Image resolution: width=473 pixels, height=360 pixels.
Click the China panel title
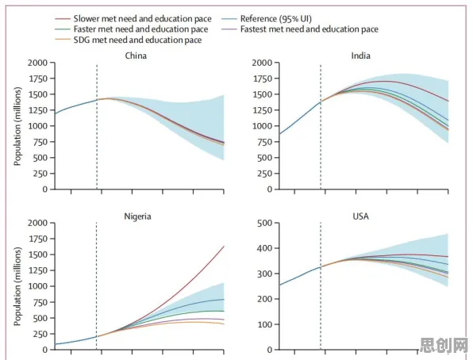coord(136,56)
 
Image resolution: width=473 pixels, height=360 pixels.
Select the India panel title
coord(361,56)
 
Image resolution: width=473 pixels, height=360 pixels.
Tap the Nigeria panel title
coord(137,216)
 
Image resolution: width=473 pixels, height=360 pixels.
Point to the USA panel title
coord(361,216)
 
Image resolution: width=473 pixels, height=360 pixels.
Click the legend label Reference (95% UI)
coord(275,19)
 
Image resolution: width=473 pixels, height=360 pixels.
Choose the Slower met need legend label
coord(142,19)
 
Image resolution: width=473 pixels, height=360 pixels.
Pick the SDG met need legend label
coord(137,40)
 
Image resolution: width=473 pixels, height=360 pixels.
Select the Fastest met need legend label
coord(310,29)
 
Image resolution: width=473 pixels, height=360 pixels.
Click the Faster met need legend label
coord(141,29)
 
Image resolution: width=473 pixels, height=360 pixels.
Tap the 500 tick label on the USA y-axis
coord(264,223)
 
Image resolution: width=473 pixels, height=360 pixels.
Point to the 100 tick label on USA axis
coord(264,325)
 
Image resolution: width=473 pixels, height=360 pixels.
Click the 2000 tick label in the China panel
coord(38,63)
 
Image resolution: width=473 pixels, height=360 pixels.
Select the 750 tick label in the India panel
coord(264,142)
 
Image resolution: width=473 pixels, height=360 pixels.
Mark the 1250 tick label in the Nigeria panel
coord(38,270)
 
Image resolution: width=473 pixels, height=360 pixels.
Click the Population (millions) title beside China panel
coord(17,126)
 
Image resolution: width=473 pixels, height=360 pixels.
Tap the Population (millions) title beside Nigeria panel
coord(17,286)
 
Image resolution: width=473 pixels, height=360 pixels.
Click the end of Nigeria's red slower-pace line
coord(224,247)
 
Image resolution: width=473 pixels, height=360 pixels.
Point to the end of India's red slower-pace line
coord(448,101)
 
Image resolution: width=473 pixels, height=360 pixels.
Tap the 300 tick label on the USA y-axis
coord(264,274)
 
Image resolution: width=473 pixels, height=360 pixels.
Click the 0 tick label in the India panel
coord(269,190)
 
